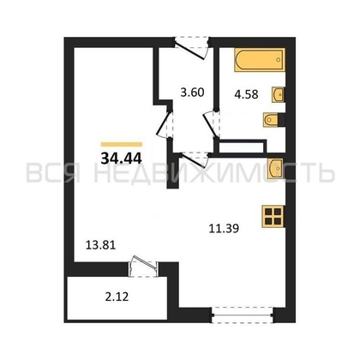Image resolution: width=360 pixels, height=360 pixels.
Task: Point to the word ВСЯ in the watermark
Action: pos(54,173)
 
